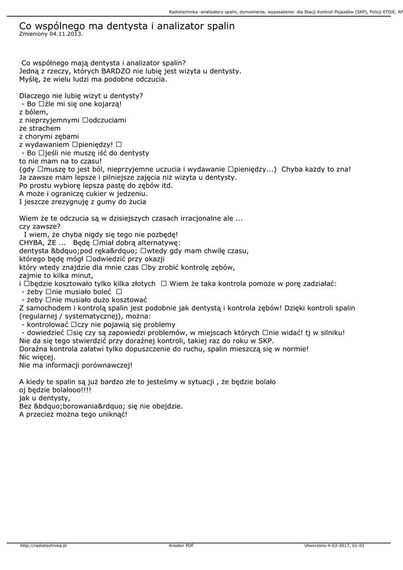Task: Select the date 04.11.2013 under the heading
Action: point(65,34)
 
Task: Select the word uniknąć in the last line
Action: point(112,414)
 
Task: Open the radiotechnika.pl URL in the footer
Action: point(43,546)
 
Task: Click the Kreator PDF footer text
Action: point(181,546)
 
